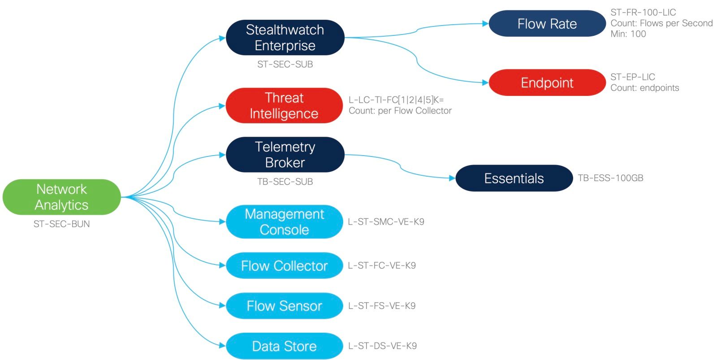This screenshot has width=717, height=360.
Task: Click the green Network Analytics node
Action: (x=61, y=197)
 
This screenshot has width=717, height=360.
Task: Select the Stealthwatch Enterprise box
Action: (x=285, y=38)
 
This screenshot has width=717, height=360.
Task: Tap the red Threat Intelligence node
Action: (x=284, y=106)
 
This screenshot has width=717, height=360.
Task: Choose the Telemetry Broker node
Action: (x=285, y=155)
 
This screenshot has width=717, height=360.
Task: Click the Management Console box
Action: (x=284, y=222)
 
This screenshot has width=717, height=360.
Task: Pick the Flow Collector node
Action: (x=284, y=266)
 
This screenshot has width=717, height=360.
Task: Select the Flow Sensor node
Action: (x=284, y=306)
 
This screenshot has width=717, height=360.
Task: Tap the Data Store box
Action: (x=284, y=346)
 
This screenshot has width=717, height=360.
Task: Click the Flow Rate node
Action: (x=547, y=24)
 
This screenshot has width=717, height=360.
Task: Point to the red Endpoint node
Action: (x=547, y=82)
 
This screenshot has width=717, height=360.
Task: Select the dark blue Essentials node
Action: (x=514, y=178)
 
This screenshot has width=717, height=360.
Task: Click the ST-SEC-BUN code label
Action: (x=61, y=224)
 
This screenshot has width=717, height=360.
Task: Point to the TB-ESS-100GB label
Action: (x=610, y=178)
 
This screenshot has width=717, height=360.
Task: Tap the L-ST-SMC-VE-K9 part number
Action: (x=386, y=222)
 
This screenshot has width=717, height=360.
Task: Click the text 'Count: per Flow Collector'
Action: (x=400, y=111)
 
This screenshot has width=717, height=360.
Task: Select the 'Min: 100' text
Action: (x=628, y=34)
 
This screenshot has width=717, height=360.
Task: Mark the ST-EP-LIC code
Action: (x=632, y=77)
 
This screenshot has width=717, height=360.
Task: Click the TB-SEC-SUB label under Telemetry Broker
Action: (x=285, y=182)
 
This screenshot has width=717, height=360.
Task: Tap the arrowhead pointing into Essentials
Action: (x=452, y=178)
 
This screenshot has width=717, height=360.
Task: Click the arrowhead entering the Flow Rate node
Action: (x=485, y=23)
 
